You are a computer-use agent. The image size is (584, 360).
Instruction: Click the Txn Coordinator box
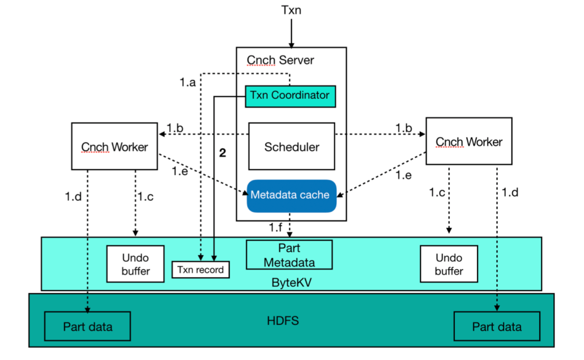[290, 96]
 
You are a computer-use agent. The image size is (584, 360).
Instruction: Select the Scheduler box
[291, 146]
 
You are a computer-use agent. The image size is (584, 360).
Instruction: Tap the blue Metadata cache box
[291, 196]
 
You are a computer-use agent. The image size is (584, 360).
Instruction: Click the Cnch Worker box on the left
[114, 146]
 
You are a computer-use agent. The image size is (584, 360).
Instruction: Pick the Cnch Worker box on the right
[469, 141]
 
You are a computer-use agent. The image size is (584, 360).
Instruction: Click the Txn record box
[201, 270]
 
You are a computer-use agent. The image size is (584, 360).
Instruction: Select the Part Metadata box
[289, 255]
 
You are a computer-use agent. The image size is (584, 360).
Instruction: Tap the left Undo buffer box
[135, 264]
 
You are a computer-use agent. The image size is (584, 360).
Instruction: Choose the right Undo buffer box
[449, 264]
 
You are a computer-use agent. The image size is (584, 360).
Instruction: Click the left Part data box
[88, 326]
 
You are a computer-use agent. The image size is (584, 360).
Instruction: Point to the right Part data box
[497, 326]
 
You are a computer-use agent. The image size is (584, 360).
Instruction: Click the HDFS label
[283, 321]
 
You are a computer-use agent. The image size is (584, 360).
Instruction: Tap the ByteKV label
[291, 283]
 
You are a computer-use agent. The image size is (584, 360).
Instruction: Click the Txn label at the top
[291, 10]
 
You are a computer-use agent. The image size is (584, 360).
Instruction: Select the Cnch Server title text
[280, 60]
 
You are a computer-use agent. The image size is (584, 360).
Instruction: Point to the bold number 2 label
[222, 152]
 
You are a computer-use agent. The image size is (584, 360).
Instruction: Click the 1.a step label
[187, 82]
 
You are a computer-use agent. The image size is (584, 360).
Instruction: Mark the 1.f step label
[276, 227]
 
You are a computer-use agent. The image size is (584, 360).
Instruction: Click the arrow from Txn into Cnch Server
[291, 33]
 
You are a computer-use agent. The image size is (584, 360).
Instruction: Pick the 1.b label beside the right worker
[404, 128]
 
